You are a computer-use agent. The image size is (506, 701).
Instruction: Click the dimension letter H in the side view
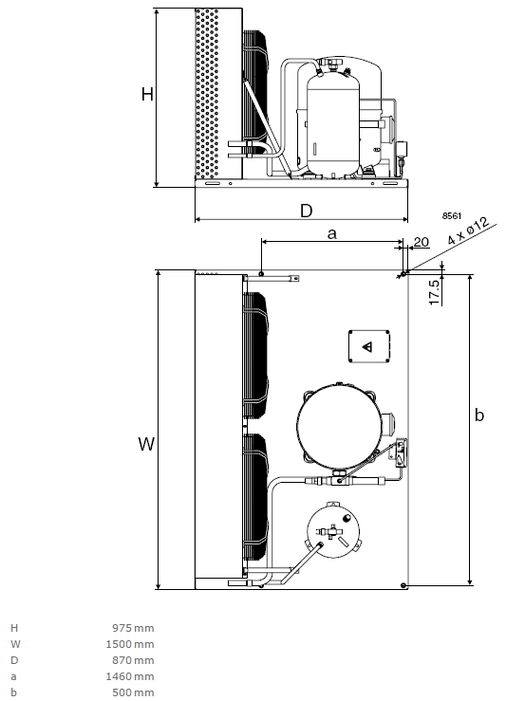point(147,94)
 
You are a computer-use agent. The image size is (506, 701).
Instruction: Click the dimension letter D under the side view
point(306,211)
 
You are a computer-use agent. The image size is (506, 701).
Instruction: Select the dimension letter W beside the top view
point(146,444)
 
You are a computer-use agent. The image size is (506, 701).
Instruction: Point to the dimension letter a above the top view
point(331,233)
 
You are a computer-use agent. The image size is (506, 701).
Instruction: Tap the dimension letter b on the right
point(479,415)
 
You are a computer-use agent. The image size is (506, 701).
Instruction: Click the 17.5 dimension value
point(435,293)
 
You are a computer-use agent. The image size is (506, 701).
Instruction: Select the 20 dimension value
point(421,242)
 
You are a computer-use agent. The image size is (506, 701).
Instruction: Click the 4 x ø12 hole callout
point(468,231)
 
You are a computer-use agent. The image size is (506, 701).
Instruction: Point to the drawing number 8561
point(452,216)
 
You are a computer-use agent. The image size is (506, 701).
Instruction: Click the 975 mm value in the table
point(133,628)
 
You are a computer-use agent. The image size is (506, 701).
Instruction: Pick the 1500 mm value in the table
point(130,644)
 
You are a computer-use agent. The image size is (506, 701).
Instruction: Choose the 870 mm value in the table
point(133,660)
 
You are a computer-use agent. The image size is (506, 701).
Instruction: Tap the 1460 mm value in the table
point(130,676)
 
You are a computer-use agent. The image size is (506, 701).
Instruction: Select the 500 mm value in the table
point(133,692)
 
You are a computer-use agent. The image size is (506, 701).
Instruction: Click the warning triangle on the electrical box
point(367,346)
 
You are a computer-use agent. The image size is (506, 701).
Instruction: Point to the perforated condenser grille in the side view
point(207,93)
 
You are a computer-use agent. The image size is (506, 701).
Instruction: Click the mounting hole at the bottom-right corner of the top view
point(403,585)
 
